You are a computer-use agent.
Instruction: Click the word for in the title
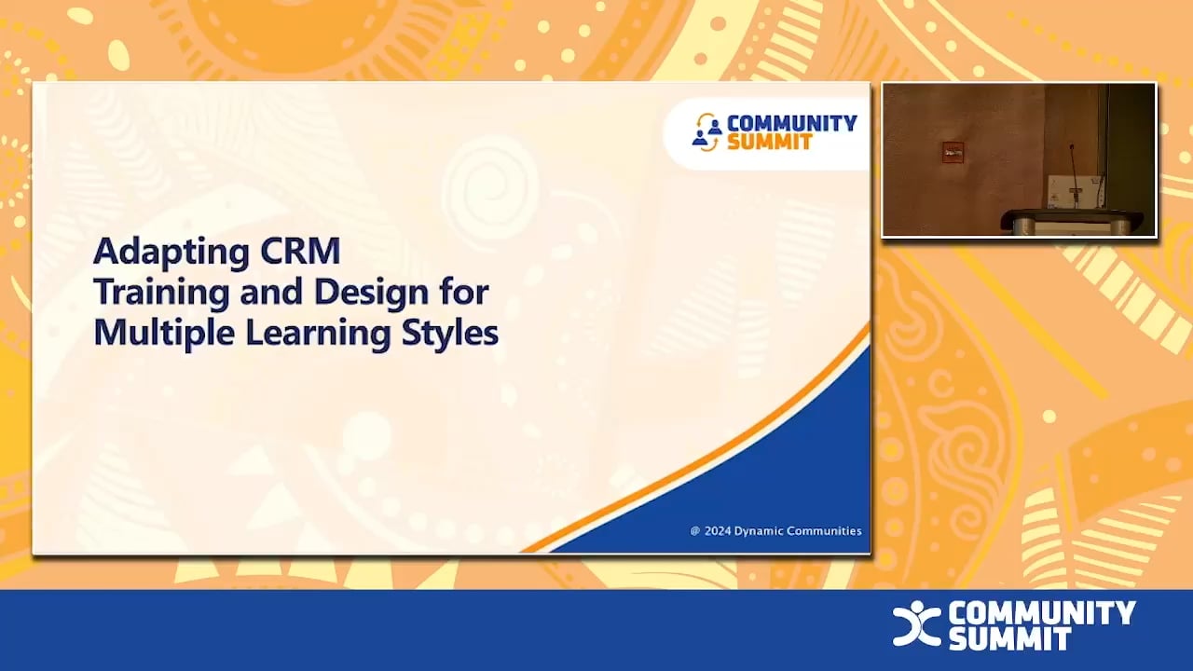coord(464,293)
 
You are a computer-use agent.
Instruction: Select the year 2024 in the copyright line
coord(717,531)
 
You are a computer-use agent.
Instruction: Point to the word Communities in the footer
coord(825,531)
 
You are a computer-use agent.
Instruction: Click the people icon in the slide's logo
coord(707,132)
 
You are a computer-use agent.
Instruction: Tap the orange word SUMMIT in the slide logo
coord(770,143)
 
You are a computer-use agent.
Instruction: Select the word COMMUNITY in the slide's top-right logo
coord(791,123)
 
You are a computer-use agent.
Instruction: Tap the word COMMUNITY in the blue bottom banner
coord(1042,612)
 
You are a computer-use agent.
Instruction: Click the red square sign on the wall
coord(952,152)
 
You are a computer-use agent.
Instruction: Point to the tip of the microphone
coord(1071,146)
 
